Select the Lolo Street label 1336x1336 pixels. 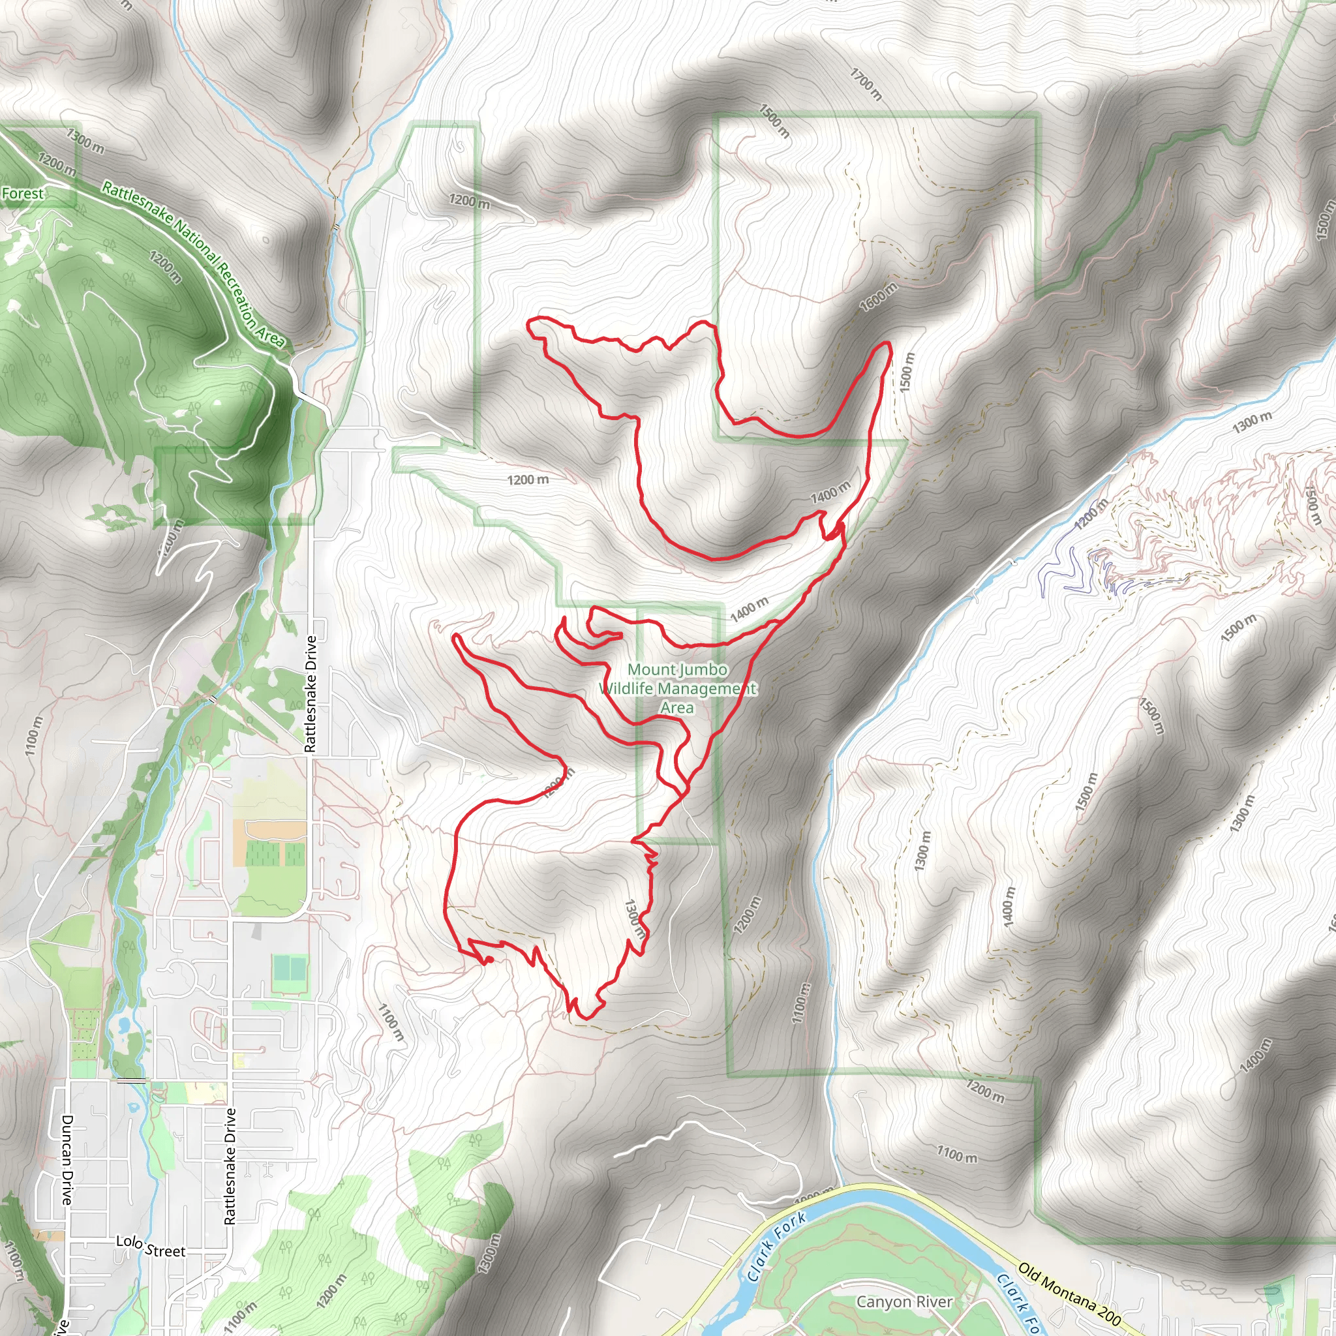[150, 1247]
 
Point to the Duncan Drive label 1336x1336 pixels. [67, 1160]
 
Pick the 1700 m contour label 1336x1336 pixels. [866, 84]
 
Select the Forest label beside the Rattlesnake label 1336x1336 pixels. [22, 194]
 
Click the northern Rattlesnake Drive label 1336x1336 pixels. [311, 693]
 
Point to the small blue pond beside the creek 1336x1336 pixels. [123, 1024]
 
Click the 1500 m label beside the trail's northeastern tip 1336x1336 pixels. [907, 372]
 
